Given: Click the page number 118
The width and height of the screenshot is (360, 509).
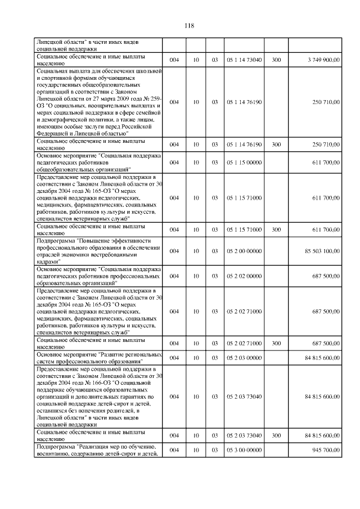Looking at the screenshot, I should pyautogui.click(x=188, y=25).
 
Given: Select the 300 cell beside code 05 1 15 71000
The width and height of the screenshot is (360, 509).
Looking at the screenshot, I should pyautogui.click(x=276, y=229).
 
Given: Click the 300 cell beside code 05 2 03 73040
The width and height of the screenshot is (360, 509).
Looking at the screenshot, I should pyautogui.click(x=276, y=435).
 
